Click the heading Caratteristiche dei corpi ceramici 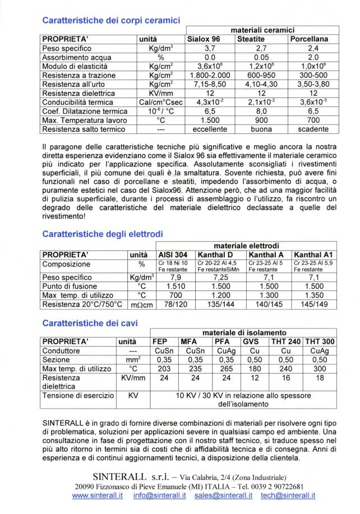coord(111,20)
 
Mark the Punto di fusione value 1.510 coord(174,286)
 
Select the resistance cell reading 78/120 coord(174,304)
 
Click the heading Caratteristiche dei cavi coord(90,323)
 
